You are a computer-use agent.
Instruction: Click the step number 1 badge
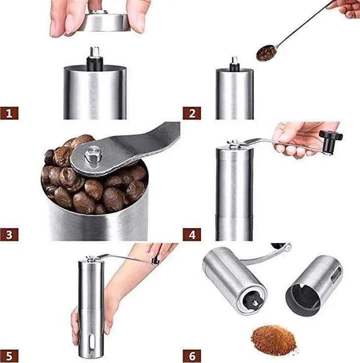pyautogui.click(x=9, y=113)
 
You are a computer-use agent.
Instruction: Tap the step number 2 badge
pyautogui.click(x=192, y=113)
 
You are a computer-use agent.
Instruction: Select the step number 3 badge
pyautogui.click(x=9, y=234)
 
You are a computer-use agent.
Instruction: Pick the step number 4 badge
pyautogui.click(x=192, y=234)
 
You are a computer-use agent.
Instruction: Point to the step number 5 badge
pyautogui.click(x=9, y=356)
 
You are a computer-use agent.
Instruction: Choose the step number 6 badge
pyautogui.click(x=192, y=356)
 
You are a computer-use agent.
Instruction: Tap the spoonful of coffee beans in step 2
pyautogui.click(x=266, y=53)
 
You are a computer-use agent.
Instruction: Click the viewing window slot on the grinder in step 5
pyautogui.click(x=92, y=343)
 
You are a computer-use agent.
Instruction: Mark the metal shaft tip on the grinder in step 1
pyautogui.click(x=95, y=52)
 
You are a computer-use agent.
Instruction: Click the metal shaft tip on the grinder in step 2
pyautogui.click(x=235, y=60)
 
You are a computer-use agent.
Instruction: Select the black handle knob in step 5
pyautogui.click(x=155, y=261)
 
